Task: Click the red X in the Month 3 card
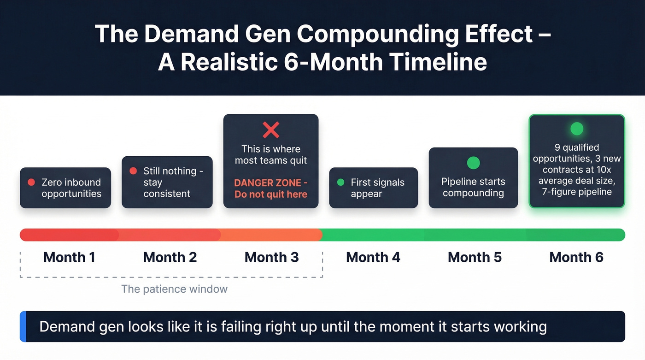point(271,130)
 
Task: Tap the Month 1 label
point(69,257)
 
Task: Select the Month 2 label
point(170,257)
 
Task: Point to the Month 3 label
point(272,257)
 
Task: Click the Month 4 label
point(373,257)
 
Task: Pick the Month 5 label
point(475,257)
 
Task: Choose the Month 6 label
point(576,257)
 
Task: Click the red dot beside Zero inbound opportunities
point(31,182)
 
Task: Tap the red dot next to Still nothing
point(133,171)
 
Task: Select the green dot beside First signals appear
point(340,182)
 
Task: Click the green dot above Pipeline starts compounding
point(473,163)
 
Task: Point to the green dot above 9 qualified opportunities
point(576,129)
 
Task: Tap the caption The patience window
point(174,289)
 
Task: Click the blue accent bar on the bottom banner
point(23,327)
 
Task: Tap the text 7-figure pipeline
point(577,191)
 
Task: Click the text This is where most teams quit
point(271,155)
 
